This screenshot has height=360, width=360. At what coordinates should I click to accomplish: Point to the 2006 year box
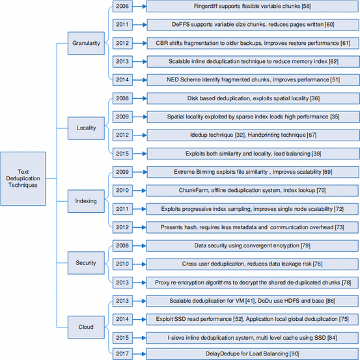(x=121, y=8)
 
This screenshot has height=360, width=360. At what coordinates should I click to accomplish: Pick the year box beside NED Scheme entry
(x=121, y=80)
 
